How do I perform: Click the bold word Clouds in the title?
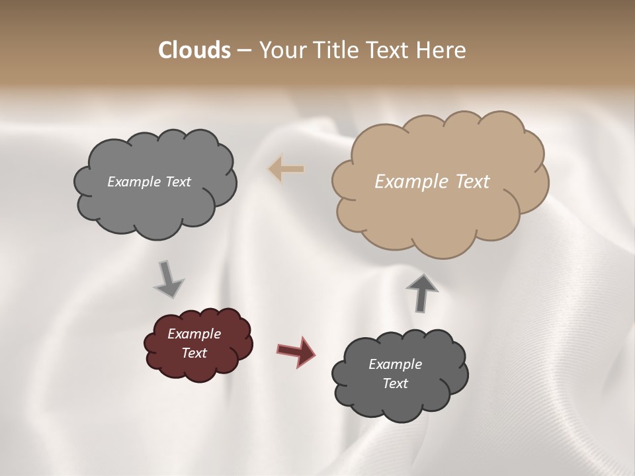[194, 50]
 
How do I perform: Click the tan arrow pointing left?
[286, 169]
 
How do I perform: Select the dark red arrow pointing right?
[296, 350]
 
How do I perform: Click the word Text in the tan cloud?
[472, 181]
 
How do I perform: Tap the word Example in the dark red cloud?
[194, 334]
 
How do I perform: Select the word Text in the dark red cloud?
[194, 353]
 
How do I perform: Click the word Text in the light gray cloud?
[177, 181]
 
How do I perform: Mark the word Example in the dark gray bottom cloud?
[395, 364]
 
